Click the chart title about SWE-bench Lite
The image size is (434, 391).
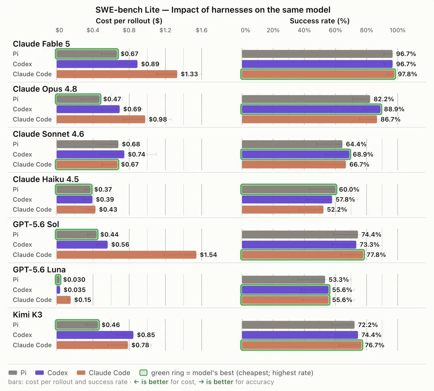213,10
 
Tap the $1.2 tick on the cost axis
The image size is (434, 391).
165,30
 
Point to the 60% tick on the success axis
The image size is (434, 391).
335,30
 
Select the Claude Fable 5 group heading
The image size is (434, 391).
41,44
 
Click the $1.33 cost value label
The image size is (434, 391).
189,74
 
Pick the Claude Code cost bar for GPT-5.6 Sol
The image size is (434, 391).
126,255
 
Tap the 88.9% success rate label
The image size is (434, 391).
394,109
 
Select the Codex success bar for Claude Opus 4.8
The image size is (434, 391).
311,109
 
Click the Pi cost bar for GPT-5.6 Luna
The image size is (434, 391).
58,280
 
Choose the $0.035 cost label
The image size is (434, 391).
75,289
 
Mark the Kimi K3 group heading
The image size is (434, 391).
27,315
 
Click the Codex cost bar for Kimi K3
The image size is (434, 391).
95,335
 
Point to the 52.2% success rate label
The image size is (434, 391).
337,209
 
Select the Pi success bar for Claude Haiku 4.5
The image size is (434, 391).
289,189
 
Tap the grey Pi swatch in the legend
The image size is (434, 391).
13,373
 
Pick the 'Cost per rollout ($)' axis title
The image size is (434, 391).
129,21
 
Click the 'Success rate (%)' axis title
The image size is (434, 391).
320,21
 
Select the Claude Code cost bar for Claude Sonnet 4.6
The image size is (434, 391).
87,165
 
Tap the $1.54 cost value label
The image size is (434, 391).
208,255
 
